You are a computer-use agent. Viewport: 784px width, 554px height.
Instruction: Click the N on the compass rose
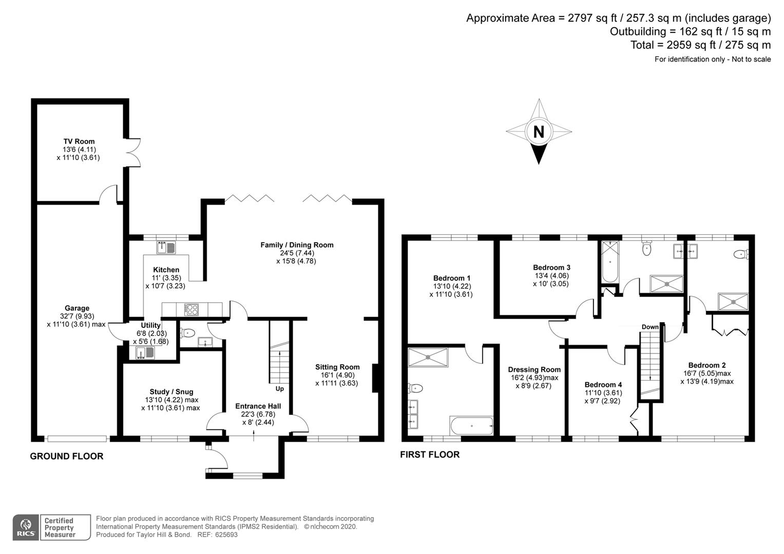(x=538, y=132)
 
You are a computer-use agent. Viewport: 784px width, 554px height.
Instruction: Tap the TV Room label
(x=79, y=142)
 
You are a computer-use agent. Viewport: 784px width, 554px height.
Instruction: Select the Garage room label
(x=77, y=308)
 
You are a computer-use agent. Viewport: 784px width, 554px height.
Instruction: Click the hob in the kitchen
(x=192, y=310)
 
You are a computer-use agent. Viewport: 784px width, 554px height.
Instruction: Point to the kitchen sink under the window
(x=166, y=248)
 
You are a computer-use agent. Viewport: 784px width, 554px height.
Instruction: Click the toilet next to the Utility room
(x=188, y=332)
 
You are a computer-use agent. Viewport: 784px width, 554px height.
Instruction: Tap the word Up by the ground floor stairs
(x=280, y=388)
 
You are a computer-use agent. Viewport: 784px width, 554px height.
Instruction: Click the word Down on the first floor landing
(x=650, y=327)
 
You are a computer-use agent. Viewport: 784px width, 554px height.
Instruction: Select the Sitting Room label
(x=337, y=367)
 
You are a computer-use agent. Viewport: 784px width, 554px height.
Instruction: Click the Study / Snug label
(x=171, y=391)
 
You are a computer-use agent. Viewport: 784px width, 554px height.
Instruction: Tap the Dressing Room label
(x=534, y=369)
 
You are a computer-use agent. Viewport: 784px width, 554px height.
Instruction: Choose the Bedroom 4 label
(x=603, y=385)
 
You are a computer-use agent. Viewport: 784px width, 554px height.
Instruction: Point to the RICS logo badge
(x=25, y=527)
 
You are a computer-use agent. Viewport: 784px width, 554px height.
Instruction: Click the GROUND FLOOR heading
(x=67, y=456)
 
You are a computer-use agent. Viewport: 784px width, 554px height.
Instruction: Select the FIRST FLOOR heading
(x=430, y=454)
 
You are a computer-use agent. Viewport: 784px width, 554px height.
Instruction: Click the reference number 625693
(x=226, y=535)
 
